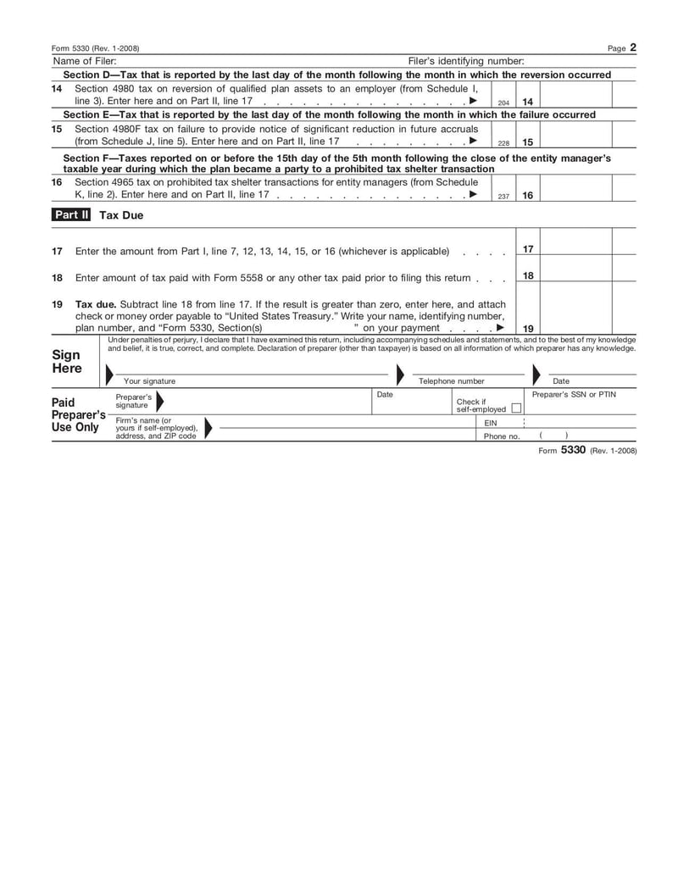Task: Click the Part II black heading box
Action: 71,215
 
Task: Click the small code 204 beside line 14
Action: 503,103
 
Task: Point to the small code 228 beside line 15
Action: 503,143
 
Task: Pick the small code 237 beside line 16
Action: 503,197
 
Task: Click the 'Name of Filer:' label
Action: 85,61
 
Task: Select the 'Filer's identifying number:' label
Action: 466,61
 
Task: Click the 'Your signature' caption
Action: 149,381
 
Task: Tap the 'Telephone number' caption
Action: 452,381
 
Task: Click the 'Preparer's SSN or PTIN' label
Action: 574,395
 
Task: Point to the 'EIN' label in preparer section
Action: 491,422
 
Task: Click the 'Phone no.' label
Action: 501,436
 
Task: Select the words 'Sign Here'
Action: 67,362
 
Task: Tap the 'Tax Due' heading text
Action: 121,215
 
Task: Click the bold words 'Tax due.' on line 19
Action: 96,304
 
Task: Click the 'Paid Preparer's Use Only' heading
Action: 77,415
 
